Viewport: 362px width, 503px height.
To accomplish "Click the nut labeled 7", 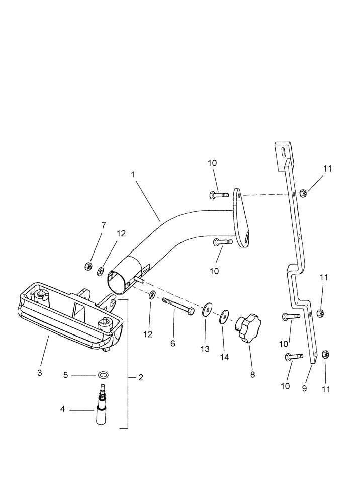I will pos(88,265).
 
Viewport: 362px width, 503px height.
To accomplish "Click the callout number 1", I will pos(133,174).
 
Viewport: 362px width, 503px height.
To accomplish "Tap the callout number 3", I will pos(40,373).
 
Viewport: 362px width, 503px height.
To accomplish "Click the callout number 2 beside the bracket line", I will pos(140,377).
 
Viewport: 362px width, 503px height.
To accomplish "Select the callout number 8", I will pos(252,374).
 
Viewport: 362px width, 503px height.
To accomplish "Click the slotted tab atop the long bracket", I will pos(283,152).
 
